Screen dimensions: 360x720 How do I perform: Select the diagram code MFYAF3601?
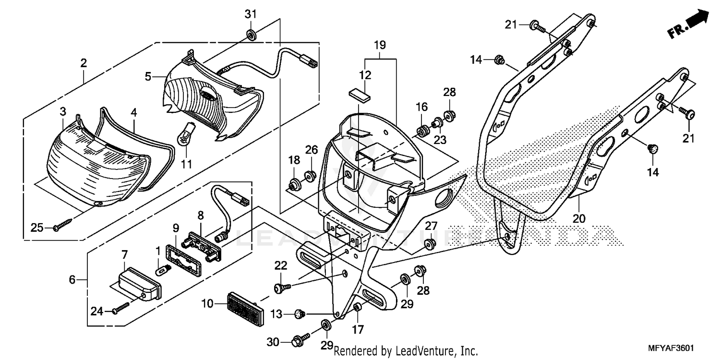pyautogui.click(x=671, y=348)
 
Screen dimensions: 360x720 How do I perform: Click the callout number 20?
pyautogui.click(x=579, y=219)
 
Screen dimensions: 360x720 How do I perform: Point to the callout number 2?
pyautogui.click(x=84, y=62)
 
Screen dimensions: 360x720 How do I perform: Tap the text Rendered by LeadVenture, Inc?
pyautogui.click(x=406, y=351)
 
